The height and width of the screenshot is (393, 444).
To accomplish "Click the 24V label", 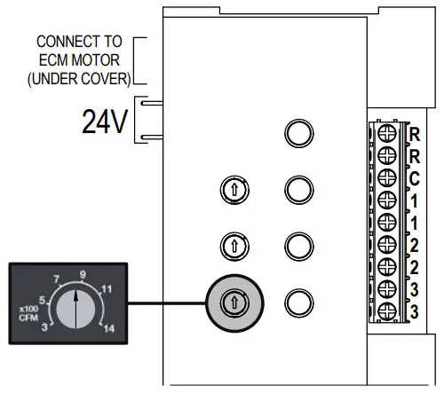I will [106, 122].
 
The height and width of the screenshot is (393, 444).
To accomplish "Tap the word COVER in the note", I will [107, 78].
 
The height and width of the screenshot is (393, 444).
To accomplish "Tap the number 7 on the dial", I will [57, 279].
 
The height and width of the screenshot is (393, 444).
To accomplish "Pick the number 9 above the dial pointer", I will [82, 274].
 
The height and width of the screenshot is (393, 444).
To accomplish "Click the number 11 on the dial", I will [107, 287].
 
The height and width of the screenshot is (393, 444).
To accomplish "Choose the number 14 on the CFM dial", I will [110, 329].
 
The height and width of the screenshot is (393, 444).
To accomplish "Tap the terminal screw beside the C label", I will [388, 177].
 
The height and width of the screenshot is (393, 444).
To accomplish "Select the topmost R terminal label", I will [415, 135].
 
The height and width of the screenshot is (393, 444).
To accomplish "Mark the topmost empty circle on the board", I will [299, 134].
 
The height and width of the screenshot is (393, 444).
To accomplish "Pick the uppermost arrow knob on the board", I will [234, 188].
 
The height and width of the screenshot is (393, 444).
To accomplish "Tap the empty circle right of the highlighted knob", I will [299, 302].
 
